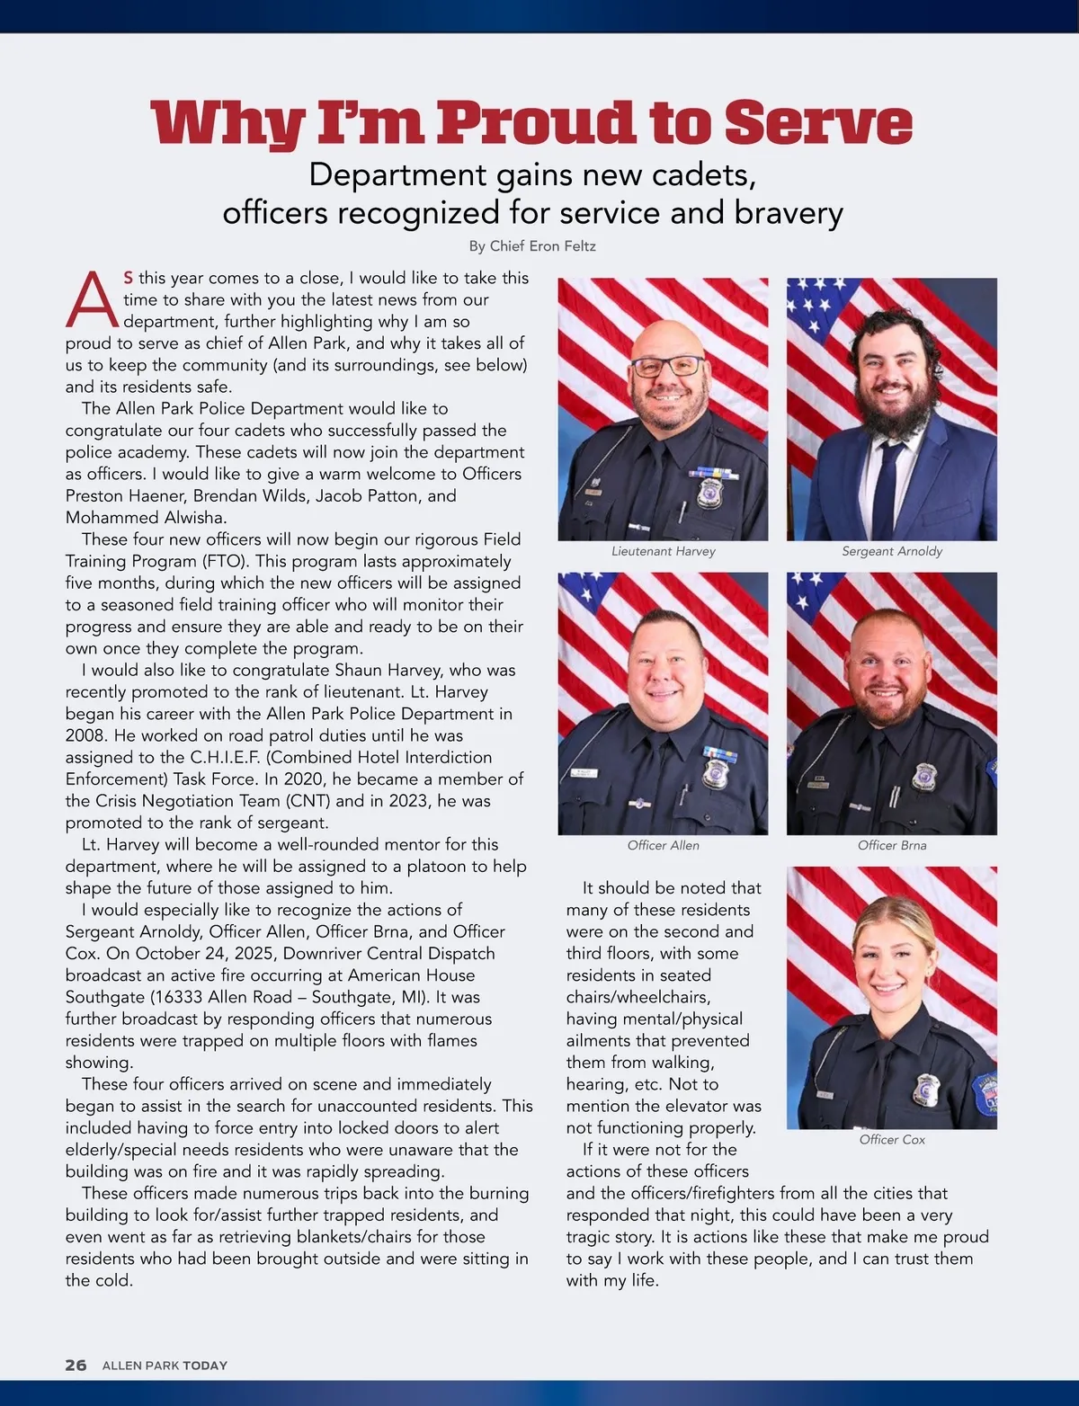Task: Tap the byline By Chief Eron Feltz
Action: pyautogui.click(x=532, y=246)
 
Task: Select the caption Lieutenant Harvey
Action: pyautogui.click(x=664, y=551)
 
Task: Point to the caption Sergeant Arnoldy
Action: pyautogui.click(x=892, y=551)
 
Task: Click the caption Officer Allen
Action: pyautogui.click(x=664, y=845)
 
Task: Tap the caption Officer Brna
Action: pyautogui.click(x=892, y=845)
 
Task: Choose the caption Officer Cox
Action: pyautogui.click(x=892, y=1139)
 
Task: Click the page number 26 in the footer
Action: pyautogui.click(x=76, y=1365)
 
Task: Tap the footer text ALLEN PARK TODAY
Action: pyautogui.click(x=165, y=1365)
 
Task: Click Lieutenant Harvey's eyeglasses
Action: pyautogui.click(x=667, y=366)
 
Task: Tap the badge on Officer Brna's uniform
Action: pyautogui.click(x=923, y=776)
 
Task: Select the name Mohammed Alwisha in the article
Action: pyautogui.click(x=147, y=517)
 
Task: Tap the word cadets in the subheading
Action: pyautogui.click(x=704, y=174)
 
